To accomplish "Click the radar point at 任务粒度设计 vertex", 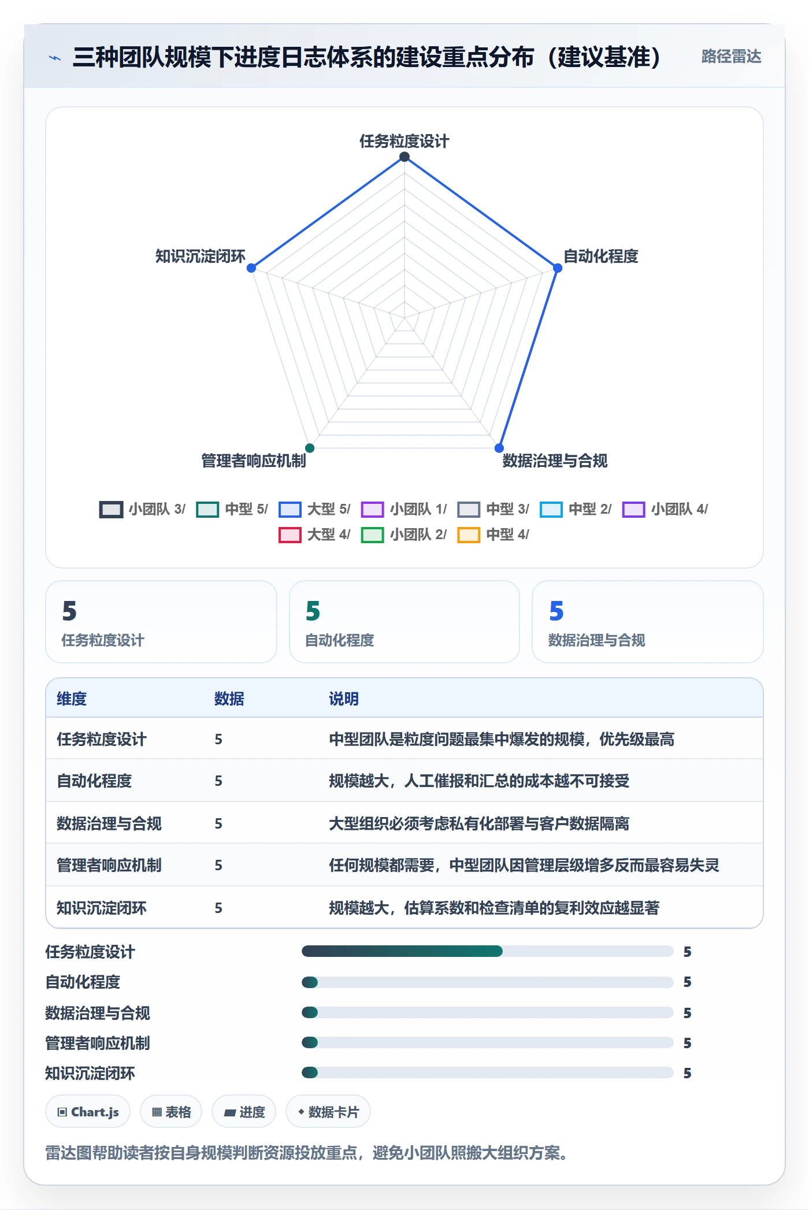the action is [x=404, y=157].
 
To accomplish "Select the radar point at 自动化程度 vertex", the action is [x=558, y=268].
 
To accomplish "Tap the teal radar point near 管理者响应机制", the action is [x=310, y=448].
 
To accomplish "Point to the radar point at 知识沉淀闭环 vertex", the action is [x=251, y=268].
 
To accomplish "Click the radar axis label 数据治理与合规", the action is [x=555, y=461].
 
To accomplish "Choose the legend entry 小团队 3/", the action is [x=143, y=509].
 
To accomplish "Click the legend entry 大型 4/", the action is [x=314, y=535].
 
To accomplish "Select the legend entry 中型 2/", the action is [x=576, y=509].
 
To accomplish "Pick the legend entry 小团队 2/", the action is [x=404, y=535].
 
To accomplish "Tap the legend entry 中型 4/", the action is [x=493, y=535].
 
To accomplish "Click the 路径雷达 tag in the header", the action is [x=731, y=56].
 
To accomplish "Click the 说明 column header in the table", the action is [x=344, y=699].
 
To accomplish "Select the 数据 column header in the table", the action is [x=229, y=699].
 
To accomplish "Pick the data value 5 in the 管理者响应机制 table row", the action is [x=218, y=865].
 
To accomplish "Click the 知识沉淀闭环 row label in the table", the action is [x=102, y=908].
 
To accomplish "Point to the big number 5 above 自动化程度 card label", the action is [x=313, y=611].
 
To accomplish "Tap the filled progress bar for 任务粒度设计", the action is [x=402, y=951].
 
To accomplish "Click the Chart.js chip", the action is [x=88, y=1112].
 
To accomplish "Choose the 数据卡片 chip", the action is [x=328, y=1112].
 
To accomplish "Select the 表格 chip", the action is [x=171, y=1112].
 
